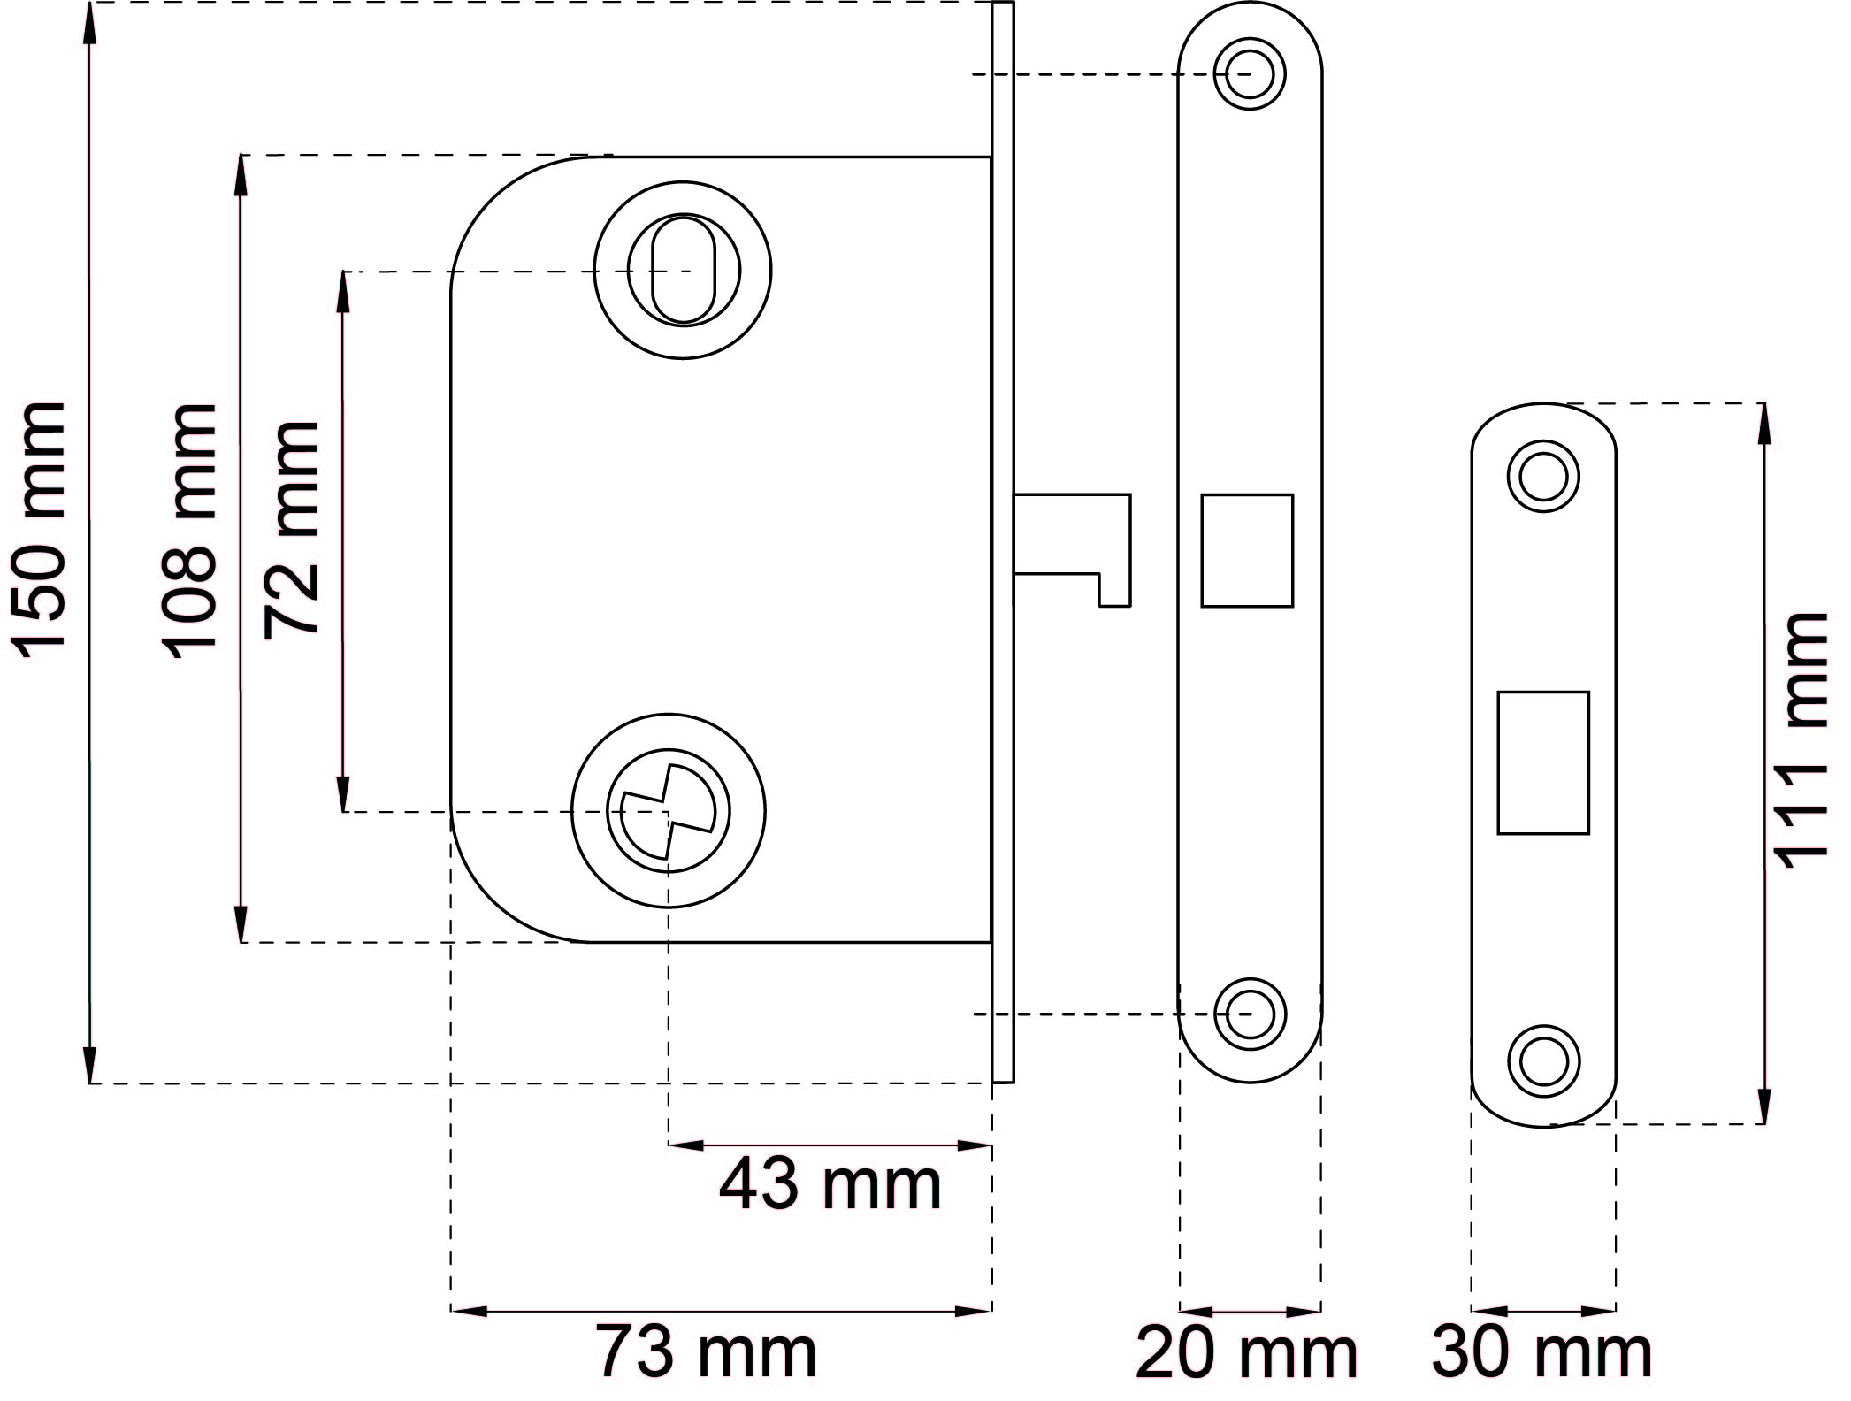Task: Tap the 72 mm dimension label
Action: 291,528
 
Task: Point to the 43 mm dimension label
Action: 830,1185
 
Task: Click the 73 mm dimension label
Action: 706,1351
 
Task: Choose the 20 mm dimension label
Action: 1246,1353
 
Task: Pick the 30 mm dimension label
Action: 1541,1352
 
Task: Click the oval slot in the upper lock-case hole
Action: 683,270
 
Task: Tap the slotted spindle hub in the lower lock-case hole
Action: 668,811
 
